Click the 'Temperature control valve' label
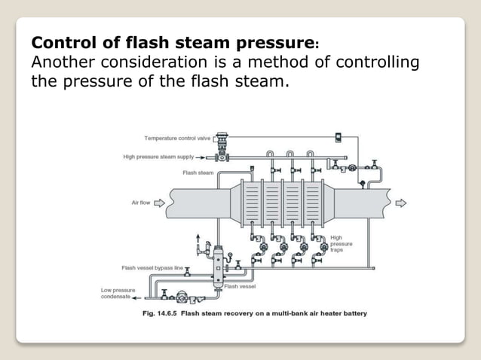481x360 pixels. pyautogui.click(x=177, y=139)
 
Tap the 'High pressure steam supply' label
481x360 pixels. pyautogui.click(x=158, y=157)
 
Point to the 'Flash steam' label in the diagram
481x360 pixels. pyautogui.click(x=198, y=172)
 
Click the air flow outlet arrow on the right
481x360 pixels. pyautogui.click(x=400, y=203)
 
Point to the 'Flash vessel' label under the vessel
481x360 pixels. pyautogui.click(x=240, y=286)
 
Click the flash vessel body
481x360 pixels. pyautogui.click(x=221, y=263)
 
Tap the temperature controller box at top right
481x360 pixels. pyautogui.click(x=339, y=137)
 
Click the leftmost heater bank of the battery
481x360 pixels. pyautogui.click(x=253, y=203)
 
